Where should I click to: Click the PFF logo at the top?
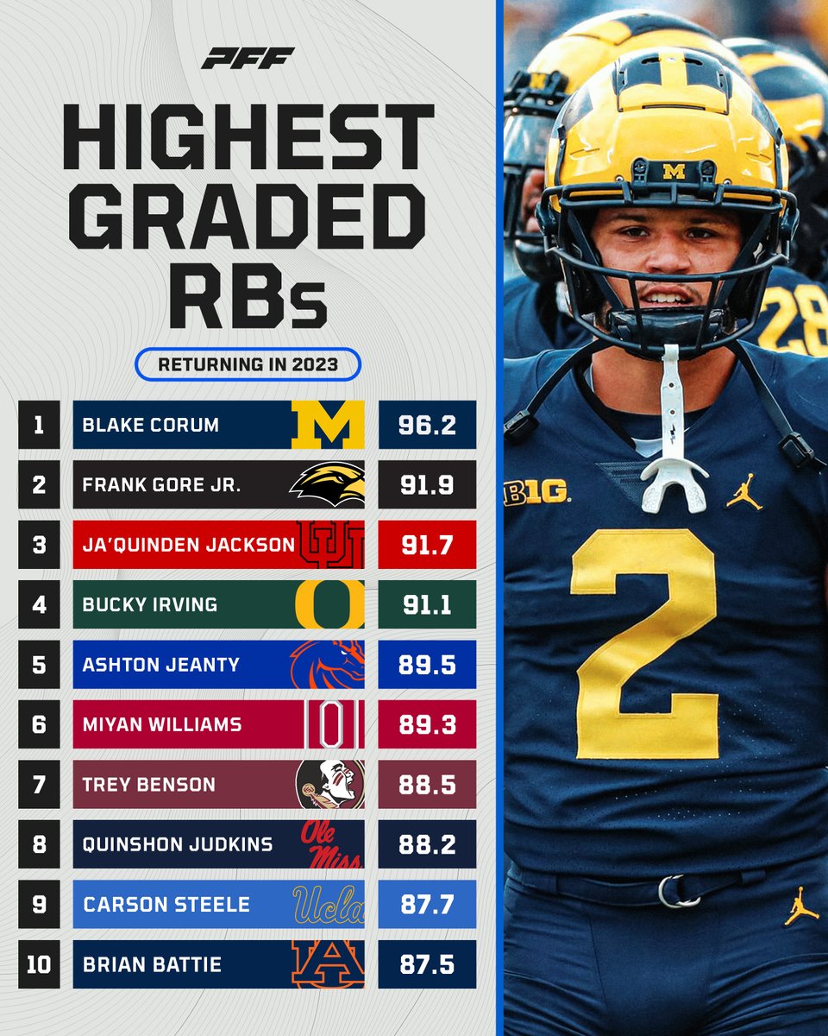(x=248, y=59)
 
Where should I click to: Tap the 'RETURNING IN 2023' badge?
(x=248, y=364)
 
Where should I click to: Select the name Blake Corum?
(x=151, y=425)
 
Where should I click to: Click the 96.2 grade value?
(x=427, y=425)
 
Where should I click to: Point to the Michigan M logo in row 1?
(x=328, y=425)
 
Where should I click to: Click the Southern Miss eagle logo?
(x=328, y=485)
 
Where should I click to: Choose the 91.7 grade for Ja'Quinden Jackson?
(x=427, y=545)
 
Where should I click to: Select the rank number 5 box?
(x=39, y=665)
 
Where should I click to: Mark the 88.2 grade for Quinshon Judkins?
(x=427, y=843)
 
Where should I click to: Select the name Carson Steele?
(x=166, y=904)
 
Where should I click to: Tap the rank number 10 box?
(x=39, y=963)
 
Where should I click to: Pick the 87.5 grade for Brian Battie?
(x=427, y=963)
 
